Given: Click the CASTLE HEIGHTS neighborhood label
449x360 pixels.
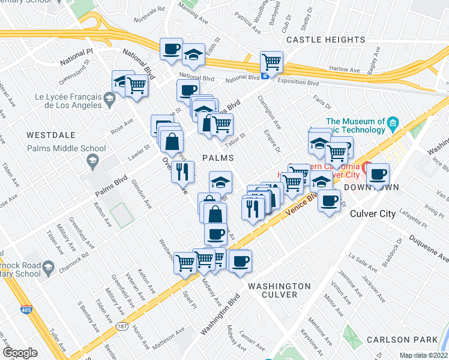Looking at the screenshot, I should coord(318,40).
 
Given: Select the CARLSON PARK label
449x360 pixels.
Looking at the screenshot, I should coord(415,338).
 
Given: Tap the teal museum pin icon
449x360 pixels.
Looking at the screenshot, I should coord(393,124).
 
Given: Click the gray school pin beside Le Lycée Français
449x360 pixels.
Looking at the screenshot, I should coord(109,98).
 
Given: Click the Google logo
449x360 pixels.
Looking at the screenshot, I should coord(20,353).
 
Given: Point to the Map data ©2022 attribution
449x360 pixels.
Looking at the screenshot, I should coord(423,355).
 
